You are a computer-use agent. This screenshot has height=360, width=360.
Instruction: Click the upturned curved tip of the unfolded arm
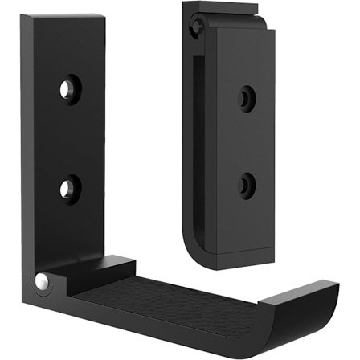click(309, 305)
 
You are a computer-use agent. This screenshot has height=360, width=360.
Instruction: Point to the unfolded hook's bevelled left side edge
click(28, 145)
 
